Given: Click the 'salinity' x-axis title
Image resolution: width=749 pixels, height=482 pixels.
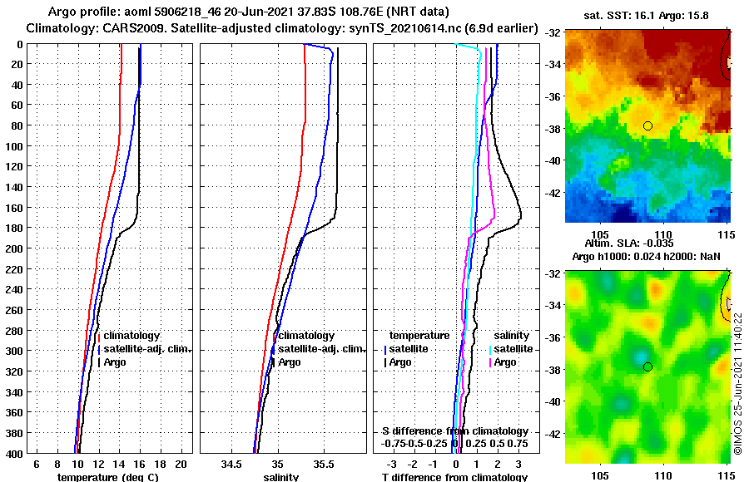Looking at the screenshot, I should pos(280,477).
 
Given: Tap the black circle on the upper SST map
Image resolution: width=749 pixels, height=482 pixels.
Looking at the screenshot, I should pos(647,125).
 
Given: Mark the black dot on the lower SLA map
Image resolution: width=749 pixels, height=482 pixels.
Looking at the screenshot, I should pos(647,366).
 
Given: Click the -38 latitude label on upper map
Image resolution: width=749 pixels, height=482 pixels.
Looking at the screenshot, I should pos(552,129).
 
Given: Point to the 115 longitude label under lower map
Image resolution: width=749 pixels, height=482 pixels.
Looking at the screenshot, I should pos(726,477).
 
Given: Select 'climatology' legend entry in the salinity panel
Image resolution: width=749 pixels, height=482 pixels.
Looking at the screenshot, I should pos(305,335).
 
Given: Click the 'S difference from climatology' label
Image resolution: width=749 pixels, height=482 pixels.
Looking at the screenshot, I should pos(454,430).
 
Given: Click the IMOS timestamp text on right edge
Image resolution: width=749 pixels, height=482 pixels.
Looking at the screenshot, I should pos(737,381).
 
